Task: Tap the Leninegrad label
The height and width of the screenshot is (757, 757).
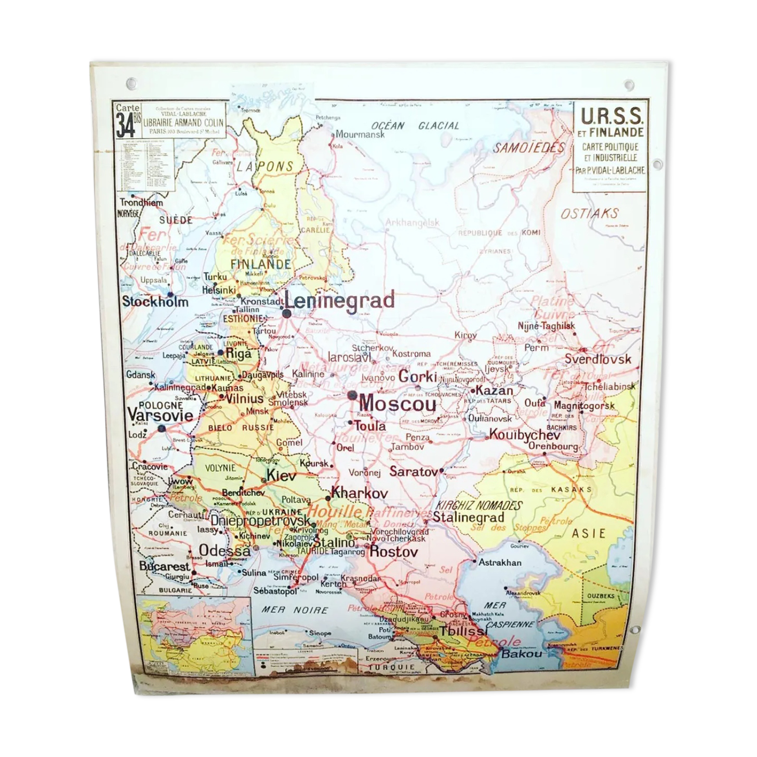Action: (x=340, y=301)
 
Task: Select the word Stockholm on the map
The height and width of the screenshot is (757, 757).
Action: (x=155, y=301)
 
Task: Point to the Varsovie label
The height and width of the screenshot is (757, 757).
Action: (x=160, y=415)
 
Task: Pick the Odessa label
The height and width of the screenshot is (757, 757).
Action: (x=224, y=550)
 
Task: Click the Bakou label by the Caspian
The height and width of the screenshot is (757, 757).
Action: (x=522, y=654)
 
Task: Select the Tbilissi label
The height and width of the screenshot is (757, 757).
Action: (x=463, y=631)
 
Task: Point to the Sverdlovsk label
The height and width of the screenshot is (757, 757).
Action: (x=597, y=359)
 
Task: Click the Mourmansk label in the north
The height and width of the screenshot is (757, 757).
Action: (x=360, y=135)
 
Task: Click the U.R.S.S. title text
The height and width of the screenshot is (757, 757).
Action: (x=612, y=115)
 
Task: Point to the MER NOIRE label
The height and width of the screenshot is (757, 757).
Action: (x=295, y=609)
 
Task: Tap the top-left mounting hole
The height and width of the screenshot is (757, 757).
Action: (x=131, y=83)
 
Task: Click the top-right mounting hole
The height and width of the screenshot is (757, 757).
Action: (x=628, y=85)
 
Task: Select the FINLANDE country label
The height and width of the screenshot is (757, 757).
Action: (x=261, y=264)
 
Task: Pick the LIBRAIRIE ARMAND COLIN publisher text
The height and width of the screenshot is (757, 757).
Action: (x=184, y=123)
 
